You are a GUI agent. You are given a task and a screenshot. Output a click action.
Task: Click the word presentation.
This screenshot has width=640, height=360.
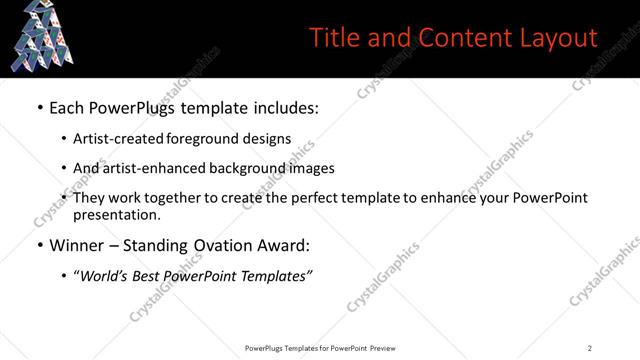click(116, 214)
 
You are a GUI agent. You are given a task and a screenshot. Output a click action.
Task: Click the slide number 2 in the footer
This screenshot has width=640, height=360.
click(590, 347)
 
